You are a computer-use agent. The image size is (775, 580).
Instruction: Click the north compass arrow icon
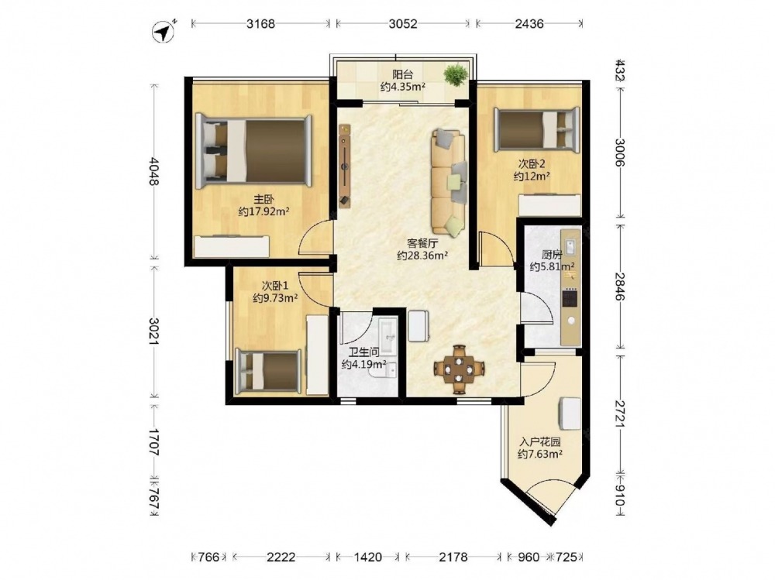[x=163, y=32]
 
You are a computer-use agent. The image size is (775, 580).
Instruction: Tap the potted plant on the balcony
[x=456, y=75]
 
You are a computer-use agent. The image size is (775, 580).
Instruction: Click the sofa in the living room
[x=449, y=181]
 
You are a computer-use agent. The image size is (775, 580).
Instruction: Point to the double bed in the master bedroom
[x=253, y=152]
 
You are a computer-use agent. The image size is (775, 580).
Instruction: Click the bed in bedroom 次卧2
[x=537, y=128]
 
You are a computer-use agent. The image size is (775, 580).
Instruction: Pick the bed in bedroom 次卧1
[x=268, y=372]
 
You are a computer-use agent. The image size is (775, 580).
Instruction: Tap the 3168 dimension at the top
[x=261, y=23]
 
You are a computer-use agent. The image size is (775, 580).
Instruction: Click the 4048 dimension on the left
[x=153, y=171]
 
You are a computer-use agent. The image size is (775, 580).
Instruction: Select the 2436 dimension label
[x=529, y=23]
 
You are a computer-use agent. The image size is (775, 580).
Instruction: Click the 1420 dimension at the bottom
[x=368, y=558]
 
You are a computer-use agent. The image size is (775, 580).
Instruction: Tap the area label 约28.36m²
[x=422, y=256]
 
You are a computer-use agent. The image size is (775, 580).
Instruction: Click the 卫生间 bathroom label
[x=363, y=352]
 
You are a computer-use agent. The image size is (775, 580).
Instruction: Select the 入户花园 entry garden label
[x=539, y=441]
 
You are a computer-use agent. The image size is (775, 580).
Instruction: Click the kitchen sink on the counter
[x=570, y=247]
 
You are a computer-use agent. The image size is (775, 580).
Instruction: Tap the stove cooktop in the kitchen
[x=570, y=298]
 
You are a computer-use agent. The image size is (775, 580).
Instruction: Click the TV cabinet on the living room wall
[x=345, y=166]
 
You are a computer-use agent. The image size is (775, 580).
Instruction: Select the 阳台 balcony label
[x=403, y=74]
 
